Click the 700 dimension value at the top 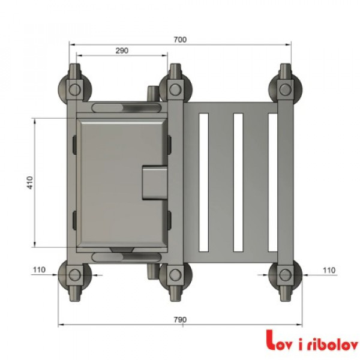pyautogui.click(x=181, y=40)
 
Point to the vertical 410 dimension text pyautogui.click(x=29, y=182)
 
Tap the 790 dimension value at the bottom pyautogui.click(x=179, y=319)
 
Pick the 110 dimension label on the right pyautogui.click(x=328, y=270)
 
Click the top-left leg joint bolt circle pyautogui.click(x=74, y=89)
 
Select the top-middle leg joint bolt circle pyautogui.click(x=175, y=89)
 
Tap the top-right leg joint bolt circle pyautogui.click(x=284, y=89)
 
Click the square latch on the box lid pyautogui.click(x=154, y=182)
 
